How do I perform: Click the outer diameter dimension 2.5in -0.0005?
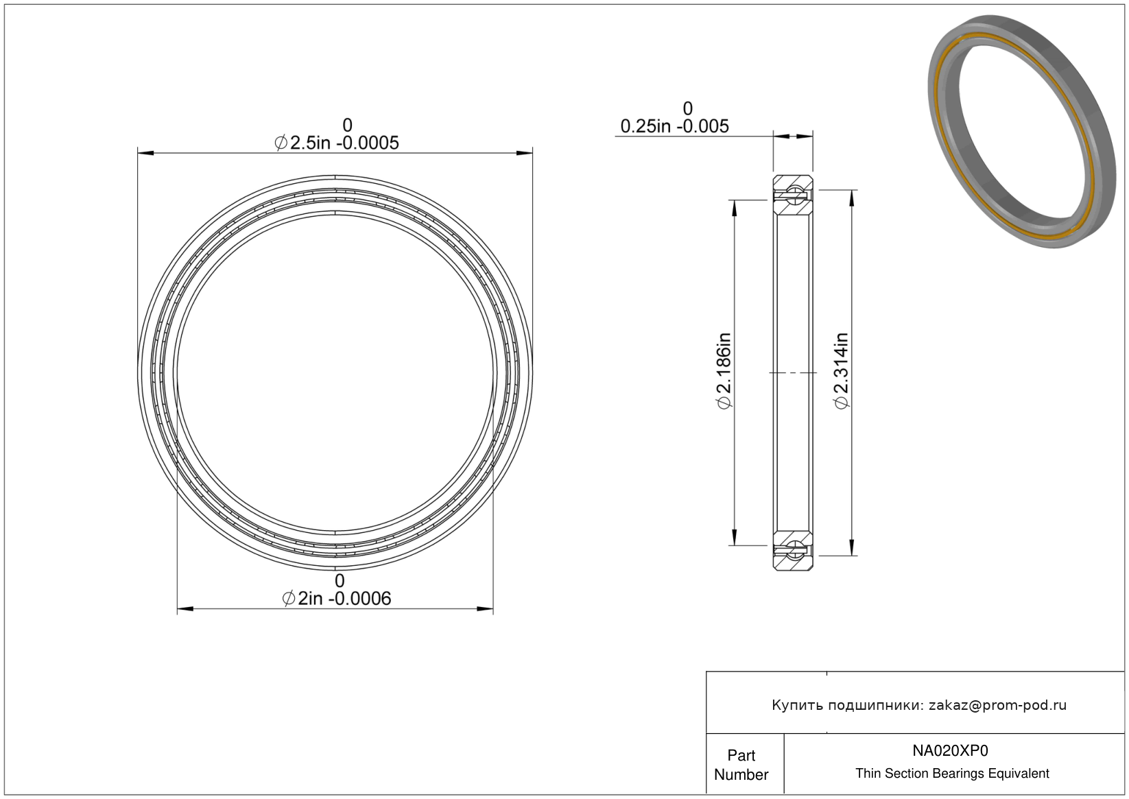pos(337,143)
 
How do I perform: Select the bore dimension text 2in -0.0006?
pos(337,599)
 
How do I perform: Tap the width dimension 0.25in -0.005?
pos(674,126)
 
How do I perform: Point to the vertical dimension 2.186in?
pos(724,370)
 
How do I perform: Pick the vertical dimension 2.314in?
pos(841,370)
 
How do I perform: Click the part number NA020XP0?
pos(950,750)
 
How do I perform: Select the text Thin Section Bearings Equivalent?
pos(952,774)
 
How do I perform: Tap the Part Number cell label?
pos(741,765)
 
